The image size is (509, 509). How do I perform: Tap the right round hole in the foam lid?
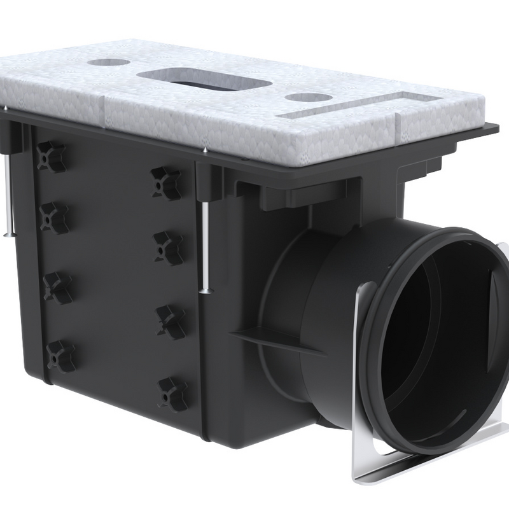(309, 99)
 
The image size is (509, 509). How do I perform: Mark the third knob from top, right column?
(171, 318)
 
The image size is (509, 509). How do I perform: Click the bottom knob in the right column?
(172, 389)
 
